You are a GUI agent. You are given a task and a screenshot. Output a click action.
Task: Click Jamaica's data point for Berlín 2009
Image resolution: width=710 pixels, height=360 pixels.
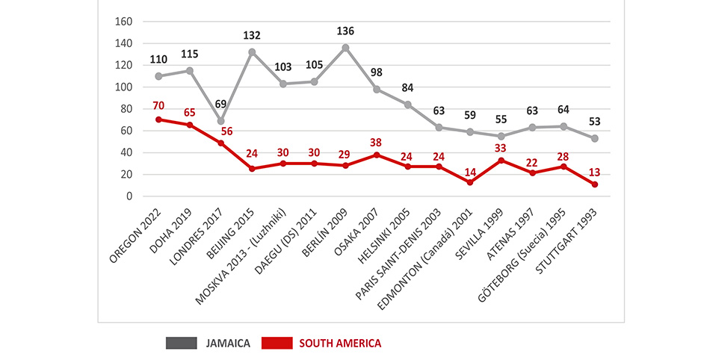tap(345, 48)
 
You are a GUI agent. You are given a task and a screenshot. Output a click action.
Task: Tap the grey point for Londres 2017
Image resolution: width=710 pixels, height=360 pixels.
tap(220, 121)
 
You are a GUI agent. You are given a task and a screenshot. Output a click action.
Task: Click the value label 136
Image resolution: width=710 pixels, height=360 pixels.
tap(345, 31)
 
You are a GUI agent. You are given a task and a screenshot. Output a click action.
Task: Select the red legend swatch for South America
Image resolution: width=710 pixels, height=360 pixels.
tap(277, 343)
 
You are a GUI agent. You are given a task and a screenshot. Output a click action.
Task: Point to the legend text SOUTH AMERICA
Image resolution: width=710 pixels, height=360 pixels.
tap(340, 343)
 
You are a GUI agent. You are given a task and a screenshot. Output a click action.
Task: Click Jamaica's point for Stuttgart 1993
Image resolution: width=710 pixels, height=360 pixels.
tap(596, 138)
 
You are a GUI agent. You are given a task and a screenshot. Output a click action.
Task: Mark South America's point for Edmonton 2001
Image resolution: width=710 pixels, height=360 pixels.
tap(470, 182)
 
